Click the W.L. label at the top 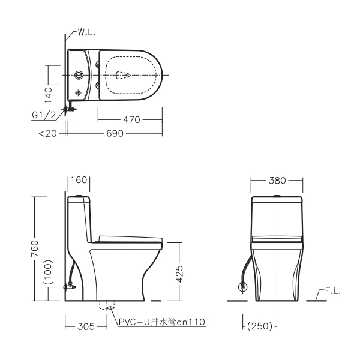coord(86,32)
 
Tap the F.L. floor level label coord(332,291)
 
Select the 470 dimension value coord(131,119)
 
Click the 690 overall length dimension coord(115,133)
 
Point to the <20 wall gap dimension coord(48,133)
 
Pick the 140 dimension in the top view coord(48,95)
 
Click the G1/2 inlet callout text coord(44,115)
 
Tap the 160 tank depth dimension coord(79,180)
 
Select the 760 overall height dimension coord(35,248)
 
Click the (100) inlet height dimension coord(49,272)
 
